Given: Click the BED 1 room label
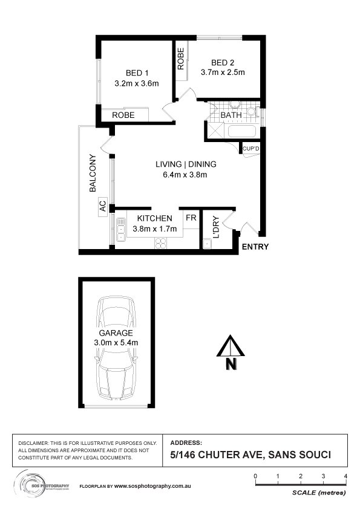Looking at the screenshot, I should [x=136, y=73].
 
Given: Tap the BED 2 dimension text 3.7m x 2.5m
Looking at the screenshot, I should [x=222, y=74].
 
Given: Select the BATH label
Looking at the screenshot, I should [x=231, y=115].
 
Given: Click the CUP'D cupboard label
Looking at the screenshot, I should [x=250, y=148].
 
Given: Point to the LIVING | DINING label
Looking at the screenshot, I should [x=185, y=164].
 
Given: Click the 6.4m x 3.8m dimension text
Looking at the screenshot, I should [x=185, y=175].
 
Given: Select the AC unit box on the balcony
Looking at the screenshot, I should [x=102, y=206].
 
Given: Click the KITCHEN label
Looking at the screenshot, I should [x=155, y=218].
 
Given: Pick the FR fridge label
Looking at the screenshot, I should [x=190, y=218].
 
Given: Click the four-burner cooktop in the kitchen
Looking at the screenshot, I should [x=161, y=242].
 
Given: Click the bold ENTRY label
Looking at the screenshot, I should [x=255, y=247].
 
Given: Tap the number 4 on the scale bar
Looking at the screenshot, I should [x=345, y=476].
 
